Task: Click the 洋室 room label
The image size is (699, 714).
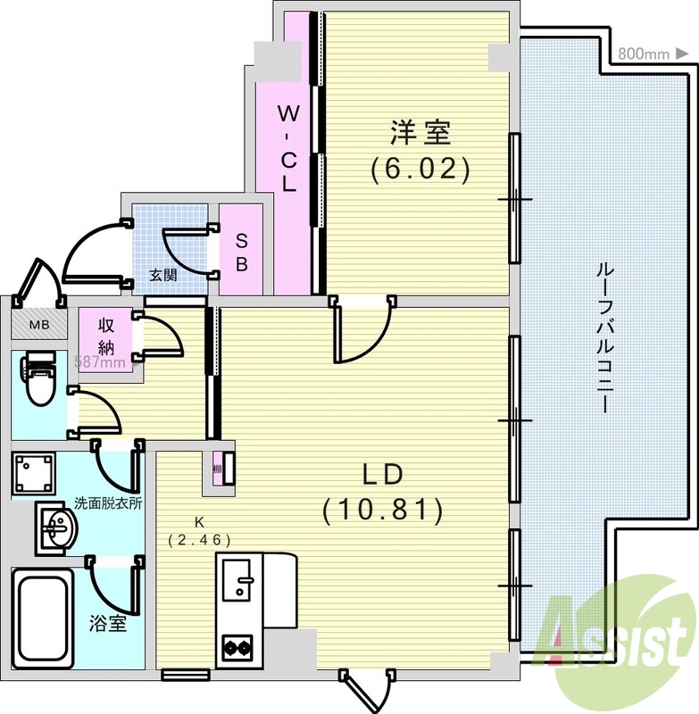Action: click(x=419, y=133)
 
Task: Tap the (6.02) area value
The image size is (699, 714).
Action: click(x=420, y=169)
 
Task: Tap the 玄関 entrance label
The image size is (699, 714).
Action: click(x=162, y=276)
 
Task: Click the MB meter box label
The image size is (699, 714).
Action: click(x=37, y=324)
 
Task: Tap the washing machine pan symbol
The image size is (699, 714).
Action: click(x=34, y=472)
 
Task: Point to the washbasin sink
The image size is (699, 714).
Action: click(x=57, y=527)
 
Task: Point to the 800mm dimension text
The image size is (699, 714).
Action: click(x=643, y=54)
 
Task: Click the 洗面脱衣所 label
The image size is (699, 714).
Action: click(x=108, y=502)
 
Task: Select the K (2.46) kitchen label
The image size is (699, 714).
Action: click(x=199, y=531)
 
